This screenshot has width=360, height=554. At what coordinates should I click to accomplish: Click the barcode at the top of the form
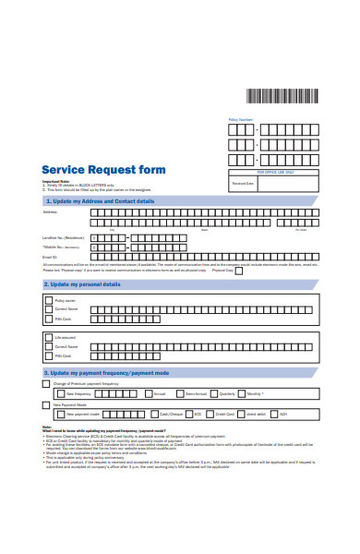coord(282,95)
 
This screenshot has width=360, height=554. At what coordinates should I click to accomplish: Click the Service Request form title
coord(104,170)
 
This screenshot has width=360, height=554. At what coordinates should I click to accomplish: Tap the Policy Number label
coord(240,120)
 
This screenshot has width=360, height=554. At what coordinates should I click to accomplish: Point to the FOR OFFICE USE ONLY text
coord(275,173)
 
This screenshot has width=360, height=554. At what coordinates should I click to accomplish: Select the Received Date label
coord(243,184)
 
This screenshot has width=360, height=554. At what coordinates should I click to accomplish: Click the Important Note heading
coord(56,182)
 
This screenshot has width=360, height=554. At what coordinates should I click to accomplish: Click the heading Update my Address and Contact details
coord(102,200)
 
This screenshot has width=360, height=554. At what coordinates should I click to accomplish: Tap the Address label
coord(50,212)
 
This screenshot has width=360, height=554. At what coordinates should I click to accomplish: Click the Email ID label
coord(49,258)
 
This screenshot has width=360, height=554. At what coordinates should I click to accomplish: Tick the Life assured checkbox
coord(47,338)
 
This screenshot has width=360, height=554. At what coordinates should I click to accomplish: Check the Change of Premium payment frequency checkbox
coord(46,384)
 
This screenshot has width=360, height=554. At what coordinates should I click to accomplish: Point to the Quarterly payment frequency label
coord(228,393)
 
